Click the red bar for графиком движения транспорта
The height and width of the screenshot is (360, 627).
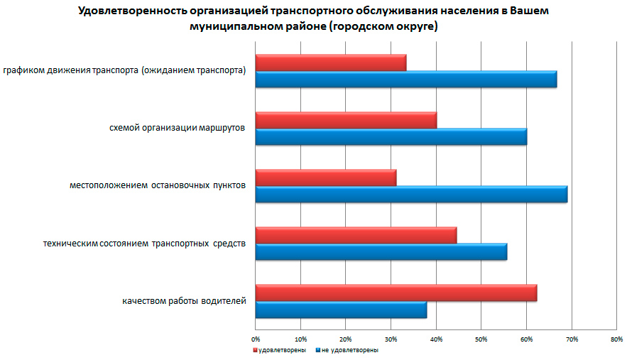(x=330, y=62)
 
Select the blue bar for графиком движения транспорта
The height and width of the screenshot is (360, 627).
(x=405, y=79)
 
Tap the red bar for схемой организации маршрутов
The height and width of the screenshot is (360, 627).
(x=346, y=120)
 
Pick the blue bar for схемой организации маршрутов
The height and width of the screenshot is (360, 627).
(x=391, y=136)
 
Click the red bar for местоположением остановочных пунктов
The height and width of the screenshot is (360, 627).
(x=325, y=178)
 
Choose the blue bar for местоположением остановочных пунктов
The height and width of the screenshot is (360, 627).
(x=411, y=194)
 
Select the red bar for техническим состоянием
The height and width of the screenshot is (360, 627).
(x=356, y=235)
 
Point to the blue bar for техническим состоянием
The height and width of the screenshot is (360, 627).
(x=381, y=251)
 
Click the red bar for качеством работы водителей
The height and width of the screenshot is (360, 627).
(x=396, y=293)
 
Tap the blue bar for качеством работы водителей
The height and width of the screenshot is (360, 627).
(x=341, y=310)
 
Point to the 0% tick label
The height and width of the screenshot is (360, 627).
(x=256, y=339)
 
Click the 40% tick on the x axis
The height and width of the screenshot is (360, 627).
(x=436, y=339)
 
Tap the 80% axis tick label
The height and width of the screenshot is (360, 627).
(x=616, y=339)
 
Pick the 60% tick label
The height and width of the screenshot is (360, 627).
(x=526, y=339)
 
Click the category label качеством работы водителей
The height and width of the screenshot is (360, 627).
(x=184, y=301)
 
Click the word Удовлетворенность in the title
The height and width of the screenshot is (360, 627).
(x=124, y=12)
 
